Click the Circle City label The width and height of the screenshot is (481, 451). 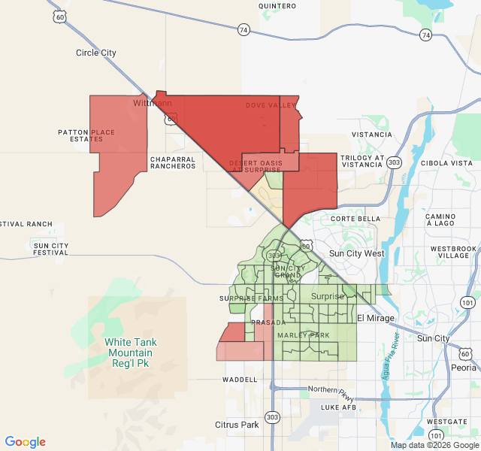click(96, 53)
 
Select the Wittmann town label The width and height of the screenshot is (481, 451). click(153, 102)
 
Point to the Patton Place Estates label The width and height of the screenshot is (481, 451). click(86, 136)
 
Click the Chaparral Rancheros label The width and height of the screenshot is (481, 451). click(173, 162)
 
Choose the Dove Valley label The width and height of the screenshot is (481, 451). click(271, 106)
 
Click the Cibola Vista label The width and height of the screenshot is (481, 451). click(447, 163)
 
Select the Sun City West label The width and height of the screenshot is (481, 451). click(356, 253)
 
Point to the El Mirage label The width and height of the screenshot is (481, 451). click(375, 319)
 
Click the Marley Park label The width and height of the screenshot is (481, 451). click(304, 335)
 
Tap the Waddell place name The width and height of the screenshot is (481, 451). click(240, 380)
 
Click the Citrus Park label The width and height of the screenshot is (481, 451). click(237, 425)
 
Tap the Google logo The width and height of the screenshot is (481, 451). click(26, 442)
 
